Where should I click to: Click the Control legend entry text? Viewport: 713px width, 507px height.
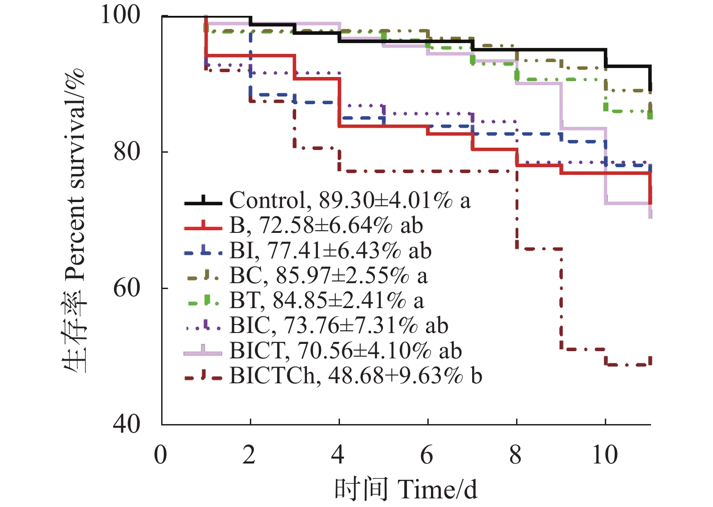[x=349, y=200]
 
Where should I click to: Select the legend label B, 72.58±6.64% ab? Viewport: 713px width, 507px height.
[x=326, y=225]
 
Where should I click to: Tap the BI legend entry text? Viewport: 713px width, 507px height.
[x=330, y=250]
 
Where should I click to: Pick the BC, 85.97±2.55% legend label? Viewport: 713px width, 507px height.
[x=328, y=275]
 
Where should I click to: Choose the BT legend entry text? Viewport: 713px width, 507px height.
[x=326, y=300]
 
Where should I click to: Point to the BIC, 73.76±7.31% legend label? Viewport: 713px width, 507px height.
[x=339, y=325]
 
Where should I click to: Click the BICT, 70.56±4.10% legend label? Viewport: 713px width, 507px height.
[x=345, y=350]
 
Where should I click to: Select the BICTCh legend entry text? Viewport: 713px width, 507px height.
[x=355, y=375]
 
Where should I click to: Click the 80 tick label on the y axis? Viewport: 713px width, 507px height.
[x=127, y=151]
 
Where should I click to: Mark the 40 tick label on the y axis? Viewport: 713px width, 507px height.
[x=127, y=424]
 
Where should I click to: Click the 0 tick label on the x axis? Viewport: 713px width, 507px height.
[x=161, y=455]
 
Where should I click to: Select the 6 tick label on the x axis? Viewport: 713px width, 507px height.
[x=427, y=455]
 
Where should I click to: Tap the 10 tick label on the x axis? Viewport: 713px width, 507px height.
[x=605, y=455]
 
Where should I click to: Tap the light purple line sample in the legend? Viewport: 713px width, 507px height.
[x=203, y=352]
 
